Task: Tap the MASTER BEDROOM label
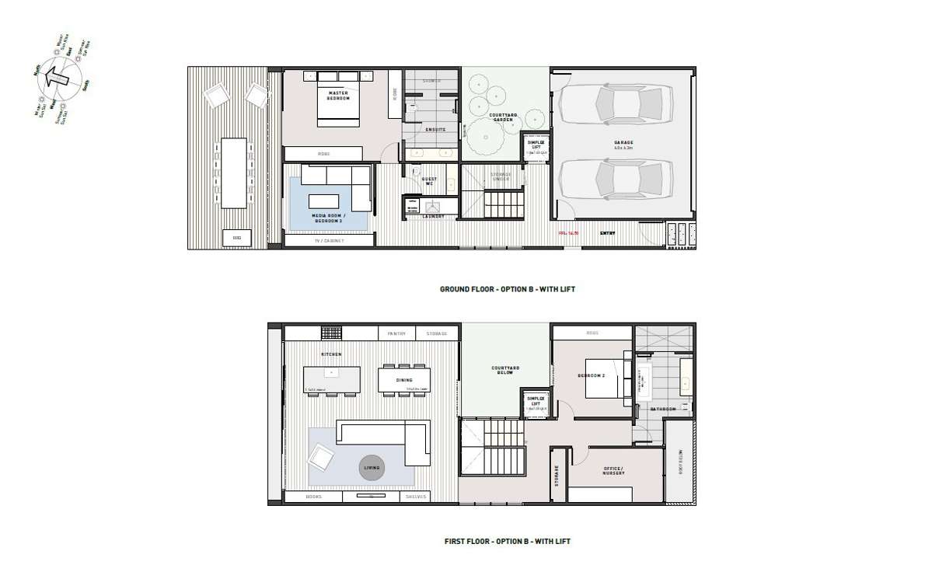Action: (x=338, y=96)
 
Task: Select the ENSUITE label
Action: (x=435, y=130)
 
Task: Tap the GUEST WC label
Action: (x=430, y=182)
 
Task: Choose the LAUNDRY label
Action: (x=433, y=217)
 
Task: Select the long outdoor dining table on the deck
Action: (x=234, y=173)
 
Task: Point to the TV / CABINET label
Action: (x=329, y=241)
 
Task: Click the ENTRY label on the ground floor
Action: (x=608, y=232)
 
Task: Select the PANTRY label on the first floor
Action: (x=396, y=334)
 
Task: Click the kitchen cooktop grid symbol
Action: (x=331, y=333)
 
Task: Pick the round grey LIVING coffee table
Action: (x=372, y=468)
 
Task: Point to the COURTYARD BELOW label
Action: (x=505, y=371)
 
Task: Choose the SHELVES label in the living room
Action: (x=414, y=497)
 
